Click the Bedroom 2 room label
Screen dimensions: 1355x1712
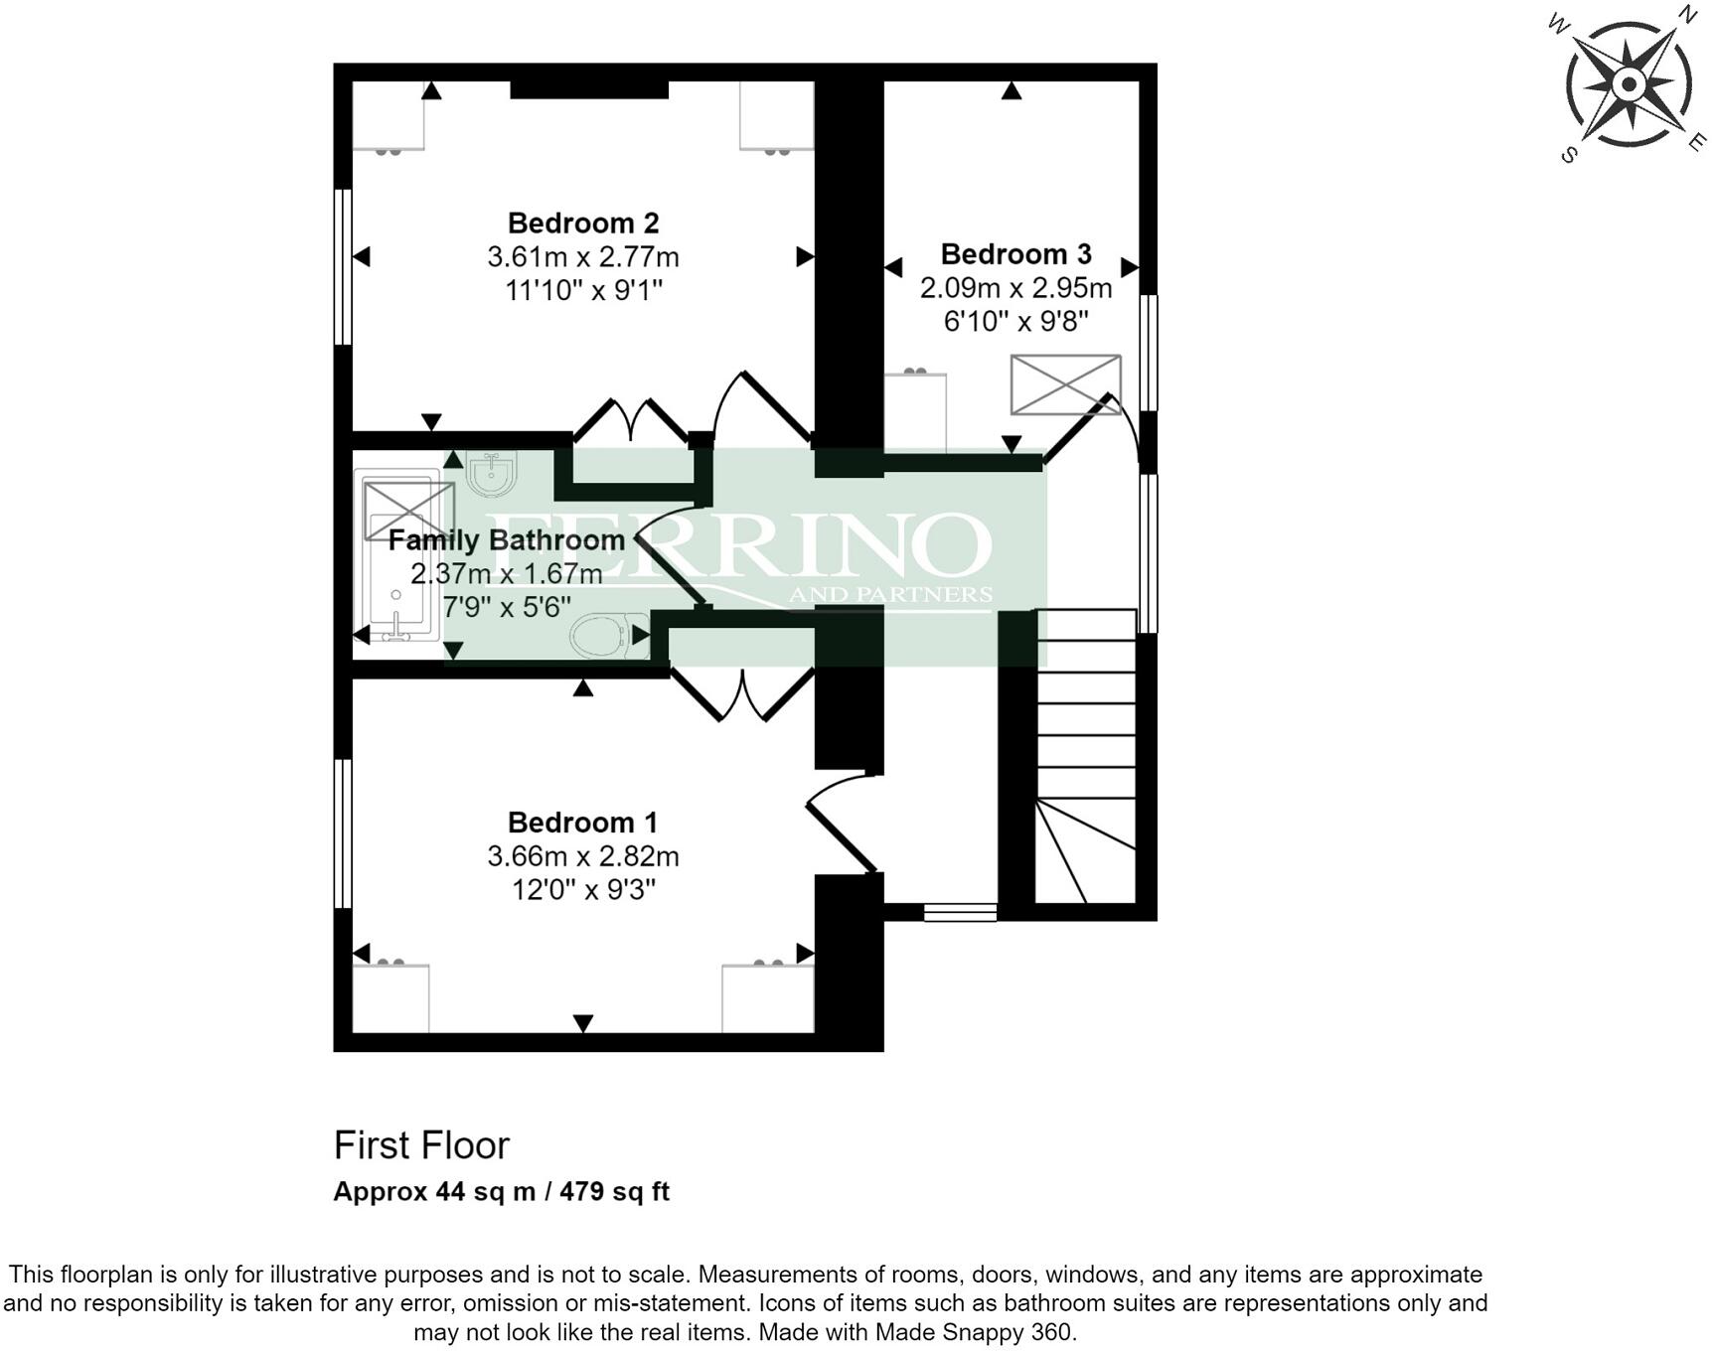click(582, 223)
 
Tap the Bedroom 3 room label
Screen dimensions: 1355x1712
click(1015, 254)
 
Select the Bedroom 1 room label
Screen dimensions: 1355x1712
click(582, 823)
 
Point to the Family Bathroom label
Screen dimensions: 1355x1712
click(506, 540)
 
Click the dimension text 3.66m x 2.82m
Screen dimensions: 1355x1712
click(582, 856)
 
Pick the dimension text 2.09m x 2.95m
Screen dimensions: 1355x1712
click(1015, 288)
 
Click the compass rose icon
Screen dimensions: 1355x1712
click(1628, 84)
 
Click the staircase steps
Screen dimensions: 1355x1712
click(1086, 735)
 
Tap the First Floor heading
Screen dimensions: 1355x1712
click(421, 1145)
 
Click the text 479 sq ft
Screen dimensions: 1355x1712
click(614, 1191)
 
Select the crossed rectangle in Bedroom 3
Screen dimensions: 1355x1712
click(1065, 384)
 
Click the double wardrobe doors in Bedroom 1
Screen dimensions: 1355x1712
click(743, 695)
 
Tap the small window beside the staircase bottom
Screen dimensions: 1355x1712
click(960, 912)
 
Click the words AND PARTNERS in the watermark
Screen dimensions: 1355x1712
click(890, 595)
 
